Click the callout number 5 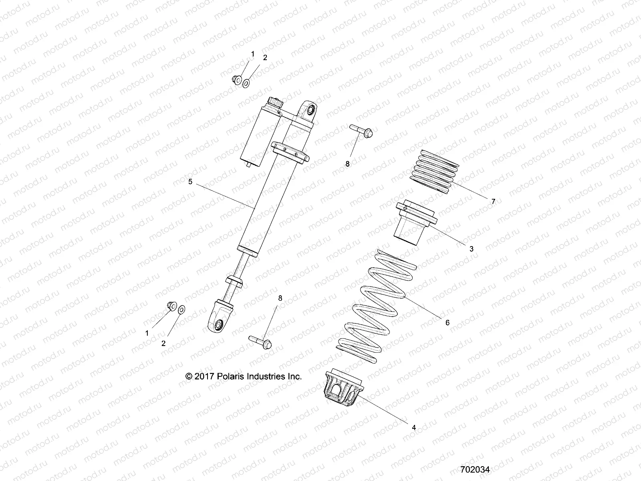(190, 182)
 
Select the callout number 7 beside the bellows (493, 202)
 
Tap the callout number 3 (471, 249)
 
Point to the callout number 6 (447, 322)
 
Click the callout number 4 (414, 428)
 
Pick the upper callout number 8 (347, 164)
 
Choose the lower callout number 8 (280, 298)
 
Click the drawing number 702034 (475, 469)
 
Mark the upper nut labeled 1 (236, 80)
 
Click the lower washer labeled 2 (181, 309)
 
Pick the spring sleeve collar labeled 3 (415, 220)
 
